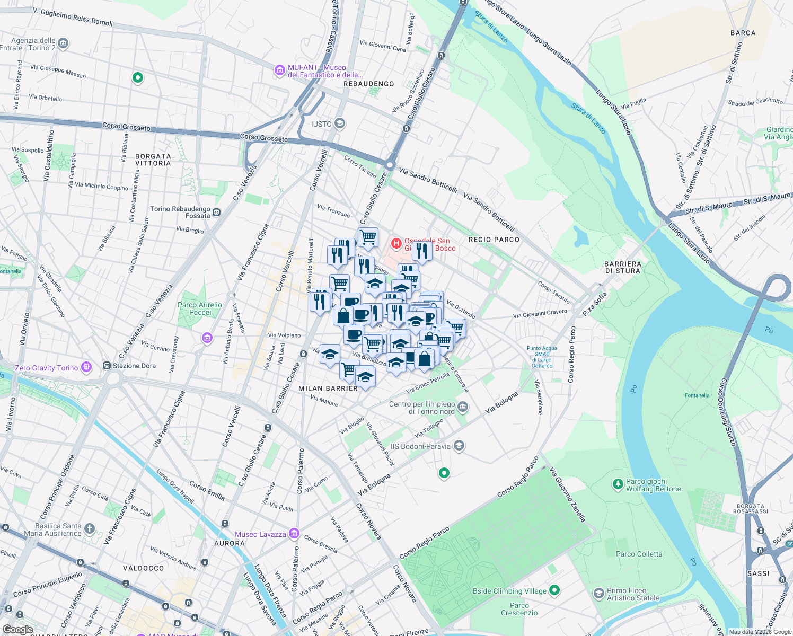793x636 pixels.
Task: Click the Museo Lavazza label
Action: [260, 534]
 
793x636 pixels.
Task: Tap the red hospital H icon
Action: [396, 243]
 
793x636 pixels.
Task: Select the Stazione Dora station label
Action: [134, 366]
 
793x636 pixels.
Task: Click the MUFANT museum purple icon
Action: [279, 70]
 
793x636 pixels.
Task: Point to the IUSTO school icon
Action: [340, 123]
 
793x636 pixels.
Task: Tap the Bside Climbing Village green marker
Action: [554, 590]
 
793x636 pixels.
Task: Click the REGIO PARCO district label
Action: [494, 240]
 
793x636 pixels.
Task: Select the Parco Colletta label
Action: [639, 554]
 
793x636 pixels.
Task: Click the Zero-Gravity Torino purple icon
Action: [86, 367]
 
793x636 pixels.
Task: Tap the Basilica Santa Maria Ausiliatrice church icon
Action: [90, 528]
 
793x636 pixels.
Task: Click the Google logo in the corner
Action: [17, 630]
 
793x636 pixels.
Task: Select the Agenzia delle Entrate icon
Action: [63, 43]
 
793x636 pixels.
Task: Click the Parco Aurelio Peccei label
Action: [200, 308]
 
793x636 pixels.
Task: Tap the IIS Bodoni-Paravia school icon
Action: [459, 446]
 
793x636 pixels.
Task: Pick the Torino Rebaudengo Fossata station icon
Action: [216, 213]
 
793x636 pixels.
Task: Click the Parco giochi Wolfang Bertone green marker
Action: [618, 484]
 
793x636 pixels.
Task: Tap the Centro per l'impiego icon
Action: [463, 407]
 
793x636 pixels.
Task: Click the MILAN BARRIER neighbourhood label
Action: [328, 388]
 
